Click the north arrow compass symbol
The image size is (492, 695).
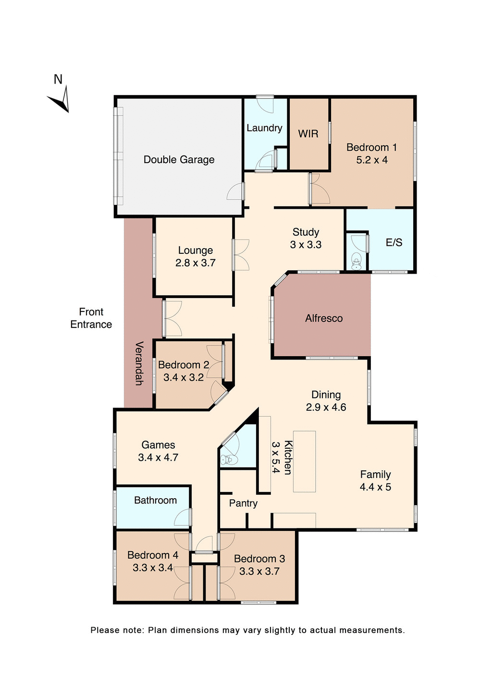[60, 100]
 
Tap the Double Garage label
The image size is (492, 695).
[179, 160]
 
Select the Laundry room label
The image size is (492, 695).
[264, 128]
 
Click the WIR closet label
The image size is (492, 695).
[308, 134]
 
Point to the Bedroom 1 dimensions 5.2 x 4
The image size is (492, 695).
[371, 160]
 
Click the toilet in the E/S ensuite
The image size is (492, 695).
[356, 262]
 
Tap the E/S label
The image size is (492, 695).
[394, 242]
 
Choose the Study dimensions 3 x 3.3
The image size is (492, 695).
[306, 245]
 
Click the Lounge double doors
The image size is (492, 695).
[241, 254]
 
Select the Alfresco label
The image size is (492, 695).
[324, 318]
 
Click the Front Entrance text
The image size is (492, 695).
[91, 318]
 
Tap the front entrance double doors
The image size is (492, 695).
[172, 318]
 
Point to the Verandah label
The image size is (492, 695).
[139, 363]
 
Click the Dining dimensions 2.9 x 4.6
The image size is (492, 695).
[326, 407]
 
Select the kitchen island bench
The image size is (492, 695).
[304, 461]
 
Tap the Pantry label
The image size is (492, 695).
[243, 503]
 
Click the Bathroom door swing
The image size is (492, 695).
[183, 518]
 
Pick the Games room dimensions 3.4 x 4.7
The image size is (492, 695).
[158, 458]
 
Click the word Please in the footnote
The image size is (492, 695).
[105, 630]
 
